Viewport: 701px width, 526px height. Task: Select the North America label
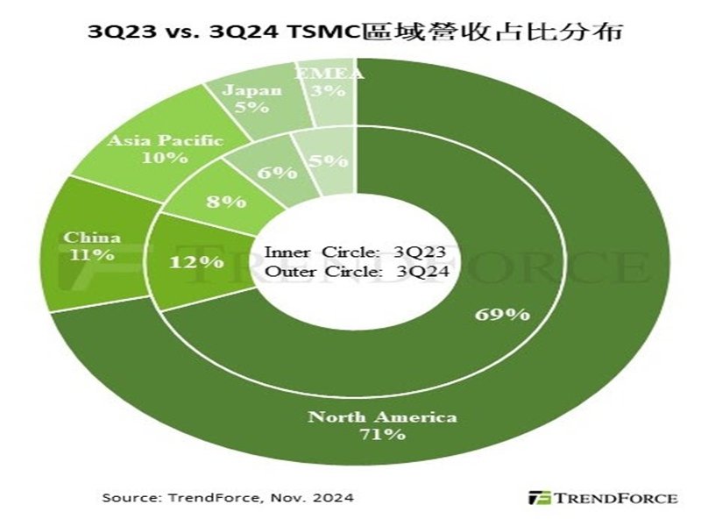[382, 416]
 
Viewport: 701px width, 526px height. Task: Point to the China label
[92, 238]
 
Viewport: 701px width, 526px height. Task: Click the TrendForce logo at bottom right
[602, 497]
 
